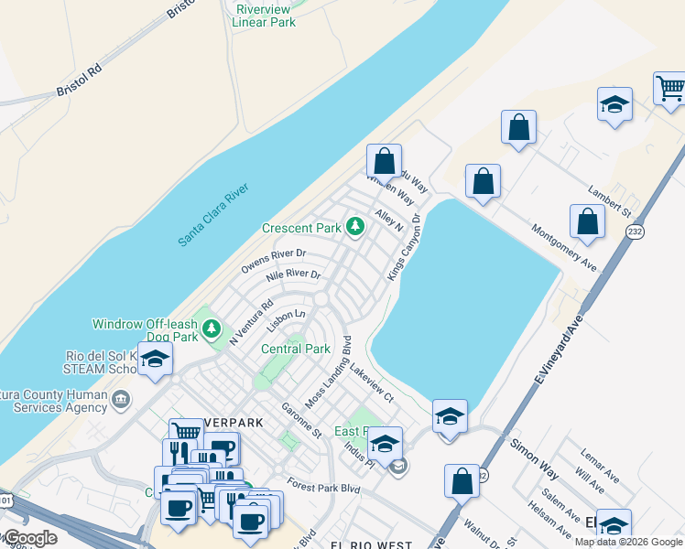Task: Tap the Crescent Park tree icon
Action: [354, 227]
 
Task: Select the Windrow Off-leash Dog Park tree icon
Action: [212, 327]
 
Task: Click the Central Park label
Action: [295, 349]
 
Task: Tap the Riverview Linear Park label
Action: [264, 16]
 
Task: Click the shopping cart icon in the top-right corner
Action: [670, 88]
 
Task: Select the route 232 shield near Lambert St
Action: [635, 232]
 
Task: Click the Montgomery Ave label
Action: [563, 248]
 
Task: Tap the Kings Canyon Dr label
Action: [403, 247]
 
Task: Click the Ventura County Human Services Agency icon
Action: [122, 399]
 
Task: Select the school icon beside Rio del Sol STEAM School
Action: [155, 361]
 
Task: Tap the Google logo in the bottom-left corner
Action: [29, 538]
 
